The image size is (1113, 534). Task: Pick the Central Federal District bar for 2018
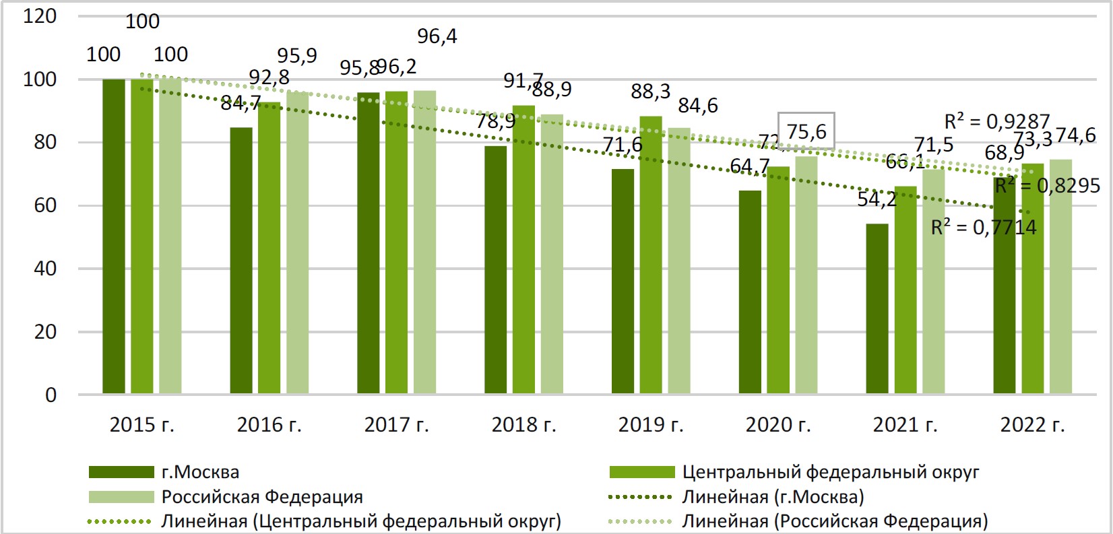523,249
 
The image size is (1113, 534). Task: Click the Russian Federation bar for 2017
424,242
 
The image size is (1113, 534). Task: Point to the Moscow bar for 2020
750,292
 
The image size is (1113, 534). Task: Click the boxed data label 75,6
806,131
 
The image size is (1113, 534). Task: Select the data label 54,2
876,199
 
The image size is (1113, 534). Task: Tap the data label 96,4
437,36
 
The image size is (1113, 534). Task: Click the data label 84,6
697,106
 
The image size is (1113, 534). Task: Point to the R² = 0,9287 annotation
996,121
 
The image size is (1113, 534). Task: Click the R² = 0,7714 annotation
983,228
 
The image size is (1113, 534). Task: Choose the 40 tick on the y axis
45,269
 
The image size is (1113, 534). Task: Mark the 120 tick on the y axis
40,16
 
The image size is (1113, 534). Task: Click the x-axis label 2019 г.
650,425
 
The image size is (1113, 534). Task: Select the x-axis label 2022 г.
1032,425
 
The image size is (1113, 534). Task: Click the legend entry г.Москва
200,472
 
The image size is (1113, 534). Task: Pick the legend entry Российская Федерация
261,497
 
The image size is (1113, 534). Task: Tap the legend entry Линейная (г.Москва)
773,497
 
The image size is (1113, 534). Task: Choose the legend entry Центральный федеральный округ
830,472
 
